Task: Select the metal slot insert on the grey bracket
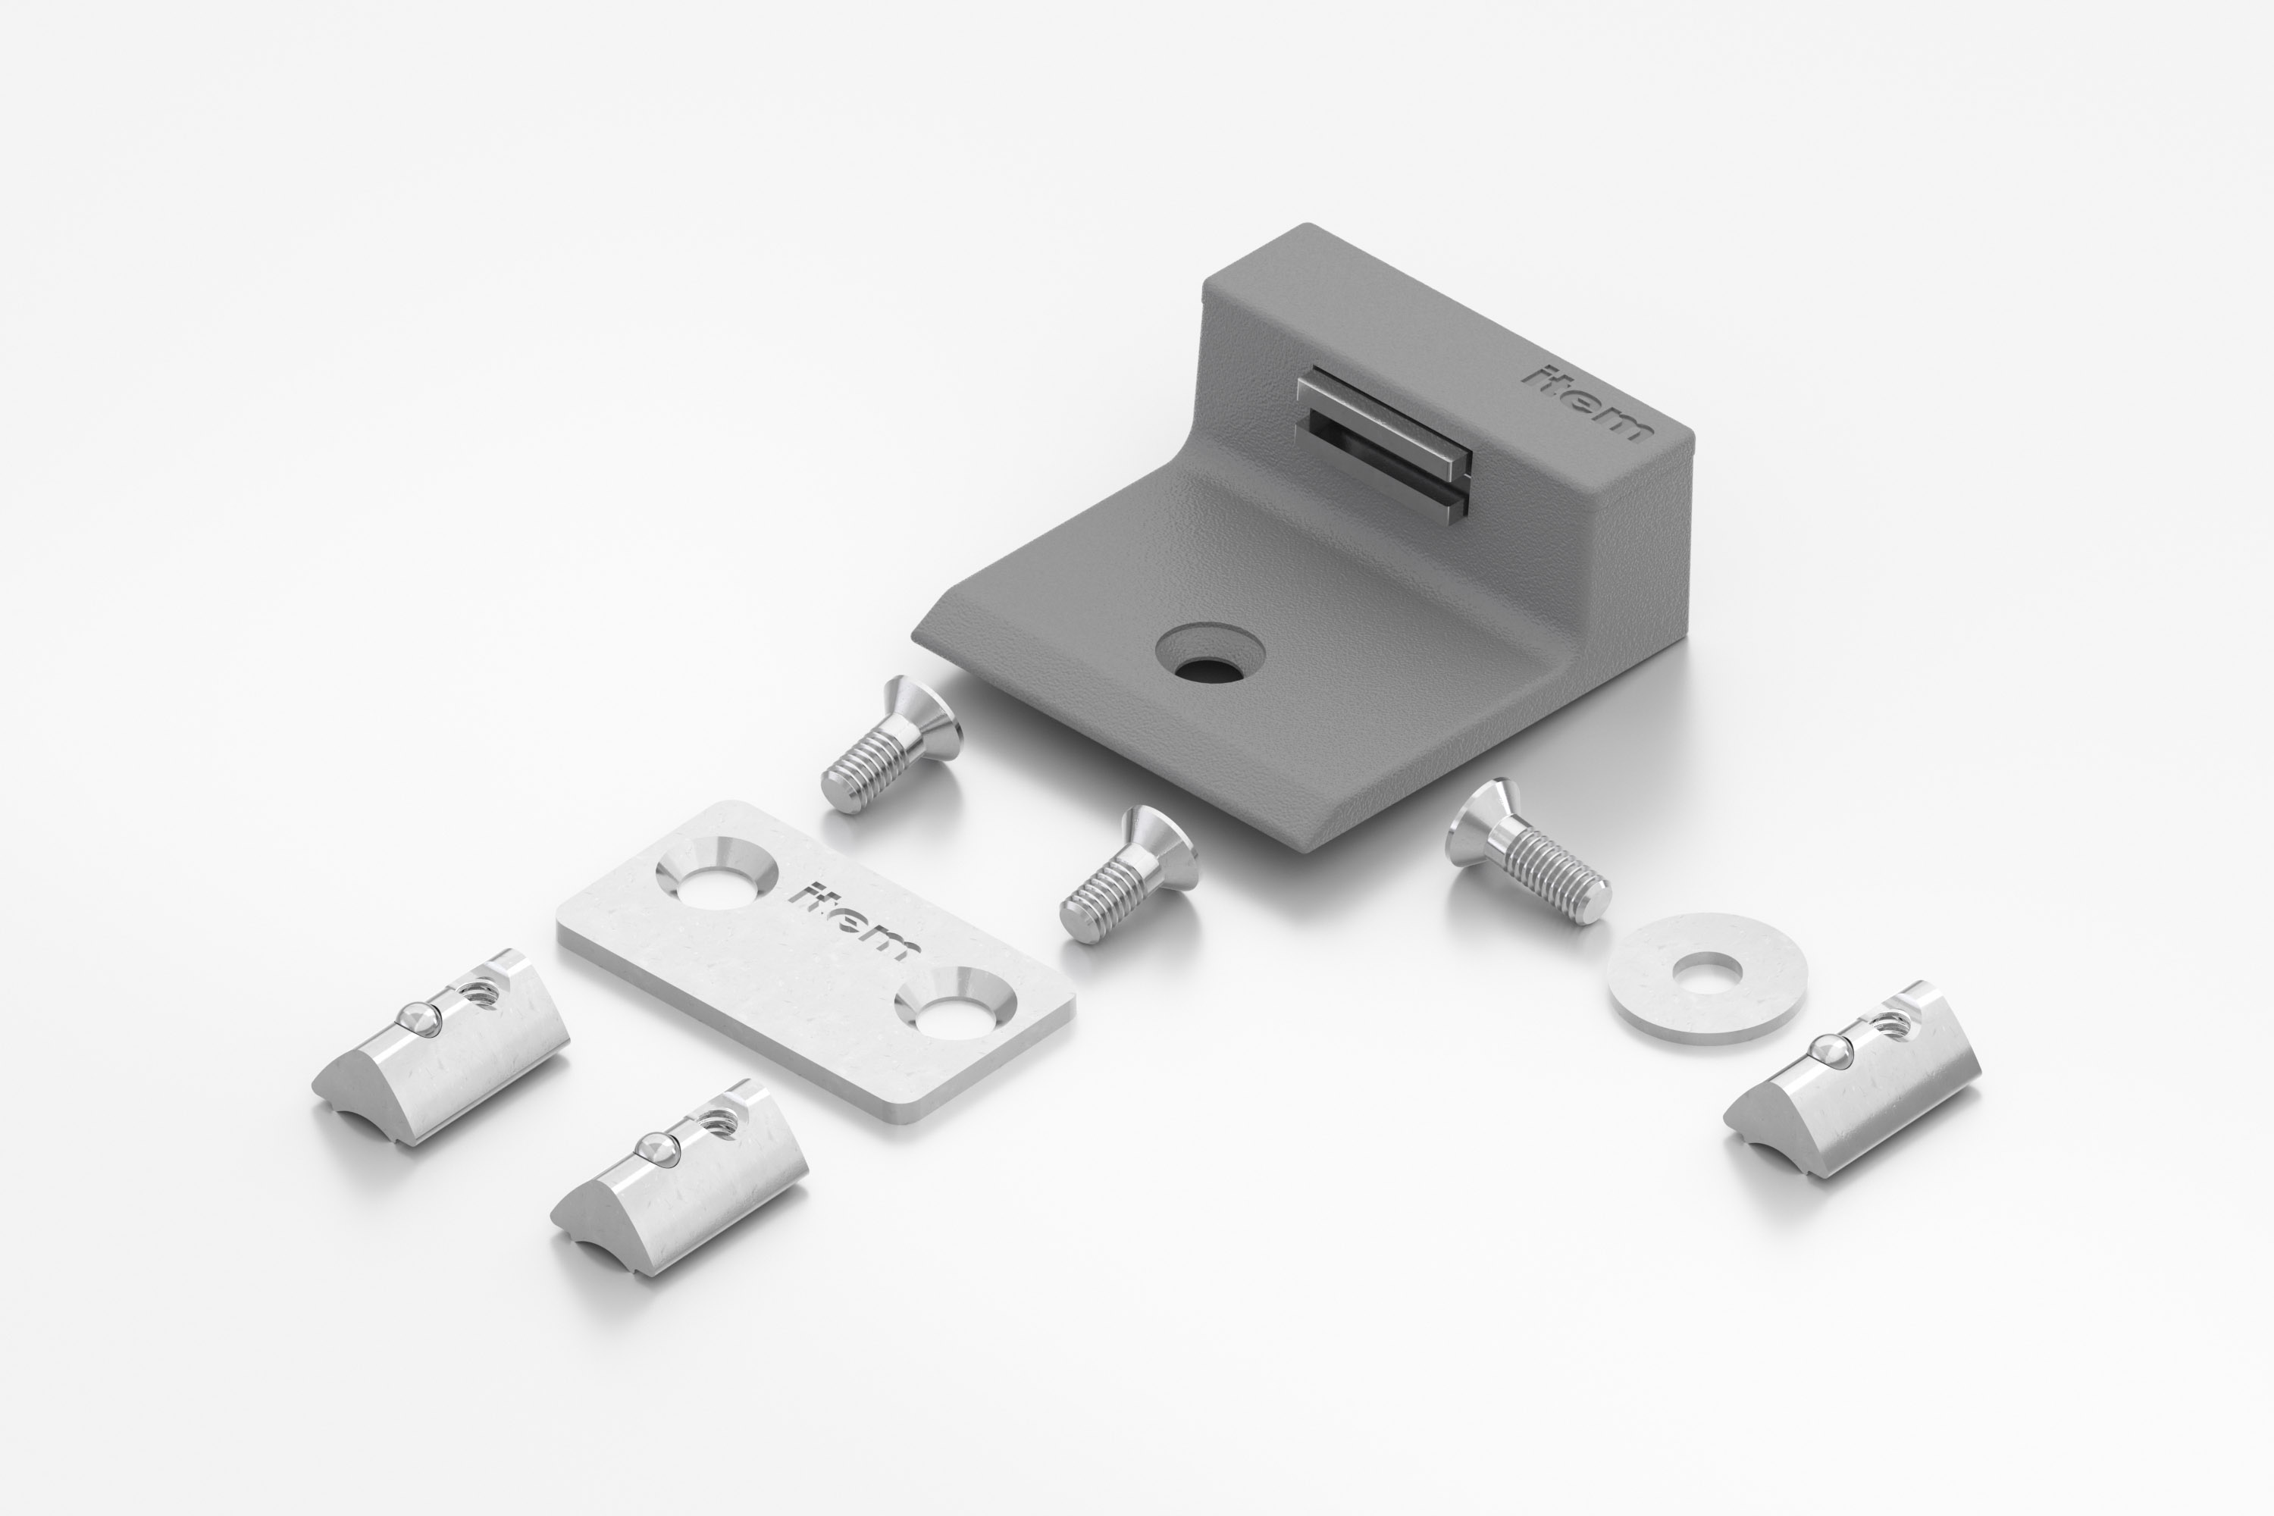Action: coord(1383,446)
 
